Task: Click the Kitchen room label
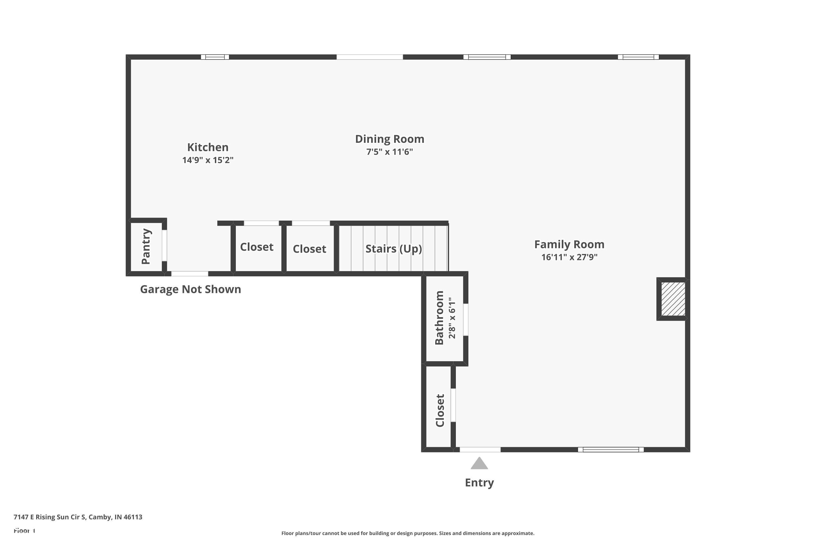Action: (208, 147)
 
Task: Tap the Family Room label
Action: (569, 245)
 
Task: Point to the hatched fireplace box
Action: (673, 299)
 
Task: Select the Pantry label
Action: (146, 246)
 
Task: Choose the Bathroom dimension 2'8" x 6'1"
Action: (452, 318)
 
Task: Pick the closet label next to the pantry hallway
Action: (257, 247)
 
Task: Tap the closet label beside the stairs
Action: (310, 249)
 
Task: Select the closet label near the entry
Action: (440, 410)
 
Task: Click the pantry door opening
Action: (165, 245)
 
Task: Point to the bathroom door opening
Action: (466, 320)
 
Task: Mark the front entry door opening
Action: (480, 450)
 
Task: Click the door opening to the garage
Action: (190, 274)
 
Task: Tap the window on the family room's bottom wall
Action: (611, 450)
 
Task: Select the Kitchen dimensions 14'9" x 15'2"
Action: (208, 160)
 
